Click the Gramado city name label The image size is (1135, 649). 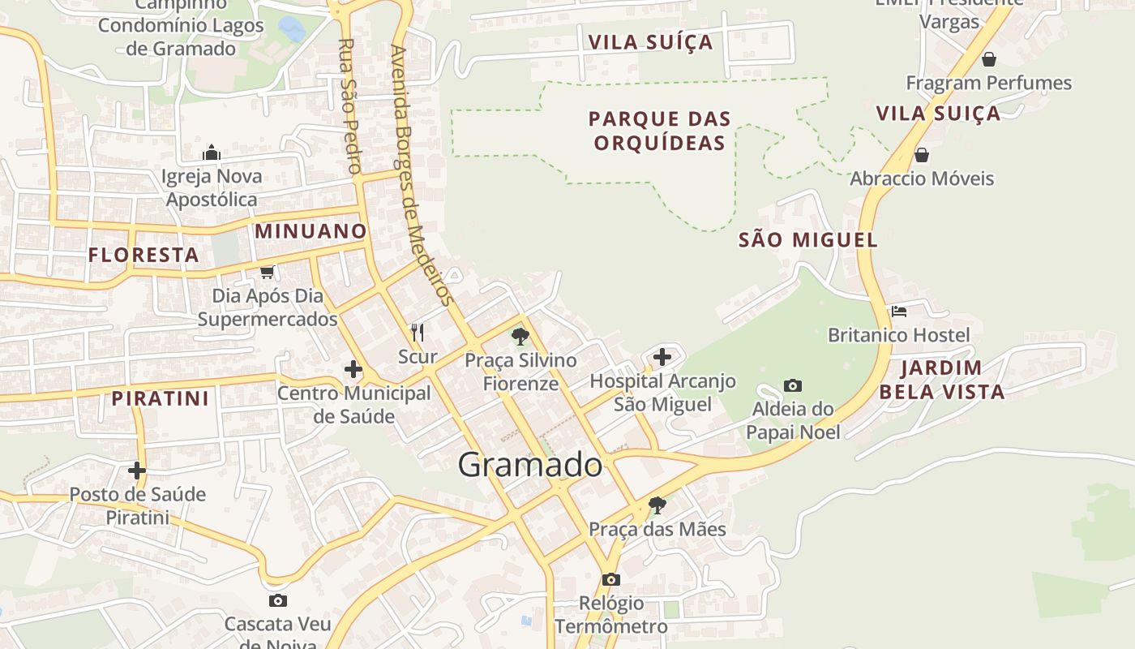click(530, 465)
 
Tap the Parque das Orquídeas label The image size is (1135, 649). click(659, 131)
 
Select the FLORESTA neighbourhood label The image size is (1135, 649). click(143, 255)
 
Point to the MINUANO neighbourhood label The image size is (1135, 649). click(311, 231)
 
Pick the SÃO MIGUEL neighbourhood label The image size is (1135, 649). click(808, 240)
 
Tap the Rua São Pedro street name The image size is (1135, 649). click(349, 105)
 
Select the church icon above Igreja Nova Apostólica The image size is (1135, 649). click(212, 153)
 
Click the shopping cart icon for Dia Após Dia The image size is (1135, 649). click(267, 272)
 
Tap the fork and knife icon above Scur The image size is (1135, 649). click(418, 332)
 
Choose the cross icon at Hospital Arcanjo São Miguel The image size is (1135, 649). click(662, 356)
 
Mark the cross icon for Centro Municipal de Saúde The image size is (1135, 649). click(353, 369)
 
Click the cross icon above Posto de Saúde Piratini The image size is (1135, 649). click(136, 470)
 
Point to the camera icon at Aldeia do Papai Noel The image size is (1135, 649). click(793, 385)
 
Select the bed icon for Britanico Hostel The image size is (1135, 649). click(898, 311)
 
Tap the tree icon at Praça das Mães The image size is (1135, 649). click(657, 505)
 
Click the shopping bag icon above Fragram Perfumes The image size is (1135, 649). click(988, 59)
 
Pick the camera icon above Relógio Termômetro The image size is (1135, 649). click(611, 579)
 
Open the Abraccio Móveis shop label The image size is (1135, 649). click(921, 178)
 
